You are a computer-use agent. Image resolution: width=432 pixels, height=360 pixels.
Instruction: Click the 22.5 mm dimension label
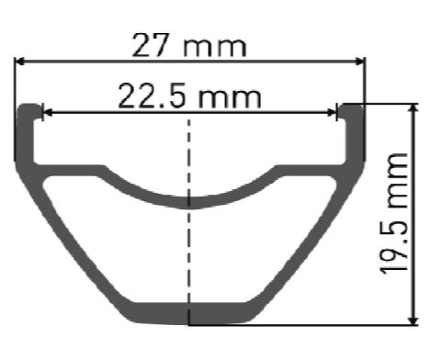pos(189,95)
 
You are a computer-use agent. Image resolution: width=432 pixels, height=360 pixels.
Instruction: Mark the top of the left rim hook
pos(29,107)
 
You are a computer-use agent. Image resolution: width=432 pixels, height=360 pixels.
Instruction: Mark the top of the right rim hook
pos(350,107)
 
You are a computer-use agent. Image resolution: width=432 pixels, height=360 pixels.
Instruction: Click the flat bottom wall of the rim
pos(189,311)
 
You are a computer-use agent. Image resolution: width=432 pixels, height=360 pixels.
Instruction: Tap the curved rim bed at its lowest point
pos(189,202)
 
